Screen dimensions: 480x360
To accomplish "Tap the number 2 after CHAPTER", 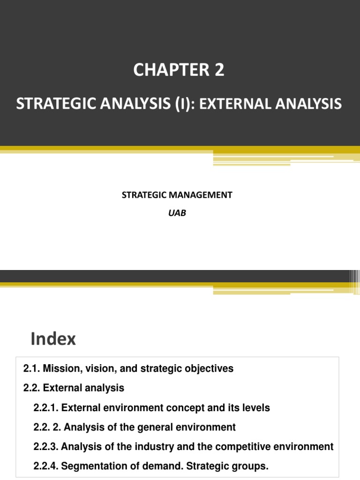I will [x=219, y=70].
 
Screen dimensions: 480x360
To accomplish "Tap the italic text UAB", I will [x=180, y=213].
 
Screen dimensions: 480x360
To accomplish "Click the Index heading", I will [x=53, y=339].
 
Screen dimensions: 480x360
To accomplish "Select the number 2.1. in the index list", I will [x=31, y=369].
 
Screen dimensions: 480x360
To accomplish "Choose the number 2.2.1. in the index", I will [x=46, y=408].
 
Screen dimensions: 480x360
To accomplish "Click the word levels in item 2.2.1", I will [x=257, y=408].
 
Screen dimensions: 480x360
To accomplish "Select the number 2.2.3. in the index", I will [x=46, y=447].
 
